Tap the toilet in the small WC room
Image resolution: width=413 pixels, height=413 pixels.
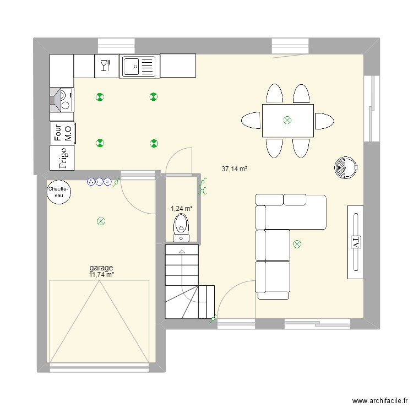pyautogui.click(x=181, y=227)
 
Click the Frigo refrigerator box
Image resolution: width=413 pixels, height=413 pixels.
pyautogui.click(x=62, y=157)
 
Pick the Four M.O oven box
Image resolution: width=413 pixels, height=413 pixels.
pyautogui.click(x=62, y=133)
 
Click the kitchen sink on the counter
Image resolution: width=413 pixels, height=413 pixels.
pyautogui.click(x=138, y=67)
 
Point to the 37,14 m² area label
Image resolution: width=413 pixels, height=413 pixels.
pyautogui.click(x=235, y=169)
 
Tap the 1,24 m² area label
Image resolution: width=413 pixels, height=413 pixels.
pyautogui.click(x=181, y=209)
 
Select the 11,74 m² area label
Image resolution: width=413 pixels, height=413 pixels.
pyautogui.click(x=102, y=275)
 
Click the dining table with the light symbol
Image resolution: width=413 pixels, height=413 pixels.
pyautogui.click(x=287, y=120)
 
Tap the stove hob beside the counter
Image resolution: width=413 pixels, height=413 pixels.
pyautogui.click(x=62, y=100)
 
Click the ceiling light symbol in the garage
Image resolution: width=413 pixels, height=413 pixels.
pyautogui.click(x=101, y=221)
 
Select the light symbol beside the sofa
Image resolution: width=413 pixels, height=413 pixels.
pyautogui.click(x=297, y=243)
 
